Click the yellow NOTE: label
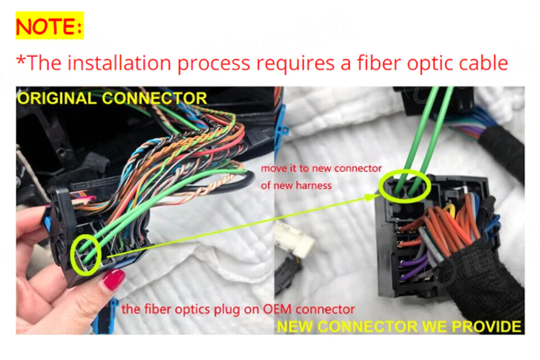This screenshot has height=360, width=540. pyautogui.click(x=50, y=25)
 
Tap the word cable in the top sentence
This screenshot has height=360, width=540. pyautogui.click(x=484, y=63)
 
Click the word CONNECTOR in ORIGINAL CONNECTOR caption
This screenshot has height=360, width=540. pyautogui.click(x=154, y=99)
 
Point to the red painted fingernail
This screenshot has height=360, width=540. pyautogui.click(x=114, y=279)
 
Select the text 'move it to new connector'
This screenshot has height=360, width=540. pyautogui.click(x=321, y=168)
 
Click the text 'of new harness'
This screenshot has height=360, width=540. pyautogui.click(x=296, y=185)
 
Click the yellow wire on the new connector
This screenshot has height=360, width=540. pyautogui.click(x=449, y=209)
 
